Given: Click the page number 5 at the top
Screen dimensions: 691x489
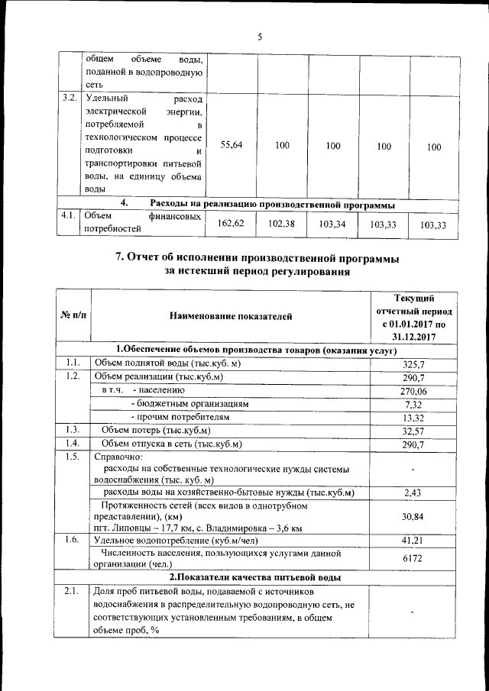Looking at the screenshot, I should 259,37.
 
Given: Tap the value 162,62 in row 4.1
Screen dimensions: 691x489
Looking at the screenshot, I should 231,223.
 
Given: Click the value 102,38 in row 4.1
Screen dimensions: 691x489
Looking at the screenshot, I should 281,223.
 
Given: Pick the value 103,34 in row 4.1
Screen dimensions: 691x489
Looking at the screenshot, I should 332,224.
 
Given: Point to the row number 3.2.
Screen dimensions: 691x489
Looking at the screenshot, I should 69,98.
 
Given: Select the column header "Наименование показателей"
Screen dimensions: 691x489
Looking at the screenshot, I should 231,315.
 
